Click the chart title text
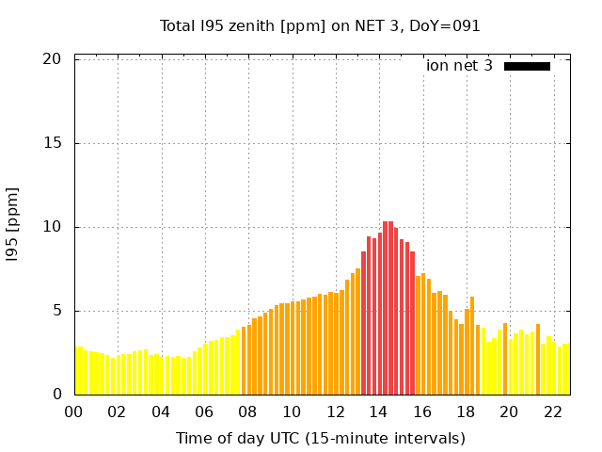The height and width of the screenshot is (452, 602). pos(320,25)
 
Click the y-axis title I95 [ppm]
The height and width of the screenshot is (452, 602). pos(13,226)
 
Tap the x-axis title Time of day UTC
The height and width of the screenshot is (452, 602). pos(320,438)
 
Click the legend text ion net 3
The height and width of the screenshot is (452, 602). pos(459,66)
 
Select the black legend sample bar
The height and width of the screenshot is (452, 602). pos(527,66)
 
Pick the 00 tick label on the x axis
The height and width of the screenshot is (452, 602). pos(74,412)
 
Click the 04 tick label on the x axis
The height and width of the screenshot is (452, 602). pos(161,412)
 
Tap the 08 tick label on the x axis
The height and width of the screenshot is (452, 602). pos(248,412)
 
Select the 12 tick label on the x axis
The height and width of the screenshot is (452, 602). pos(335,412)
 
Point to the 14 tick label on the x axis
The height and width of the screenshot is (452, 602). pos(378,412)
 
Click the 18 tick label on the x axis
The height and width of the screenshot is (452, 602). pos(466,412)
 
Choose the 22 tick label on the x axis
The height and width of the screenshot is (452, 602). pos(552,412)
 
